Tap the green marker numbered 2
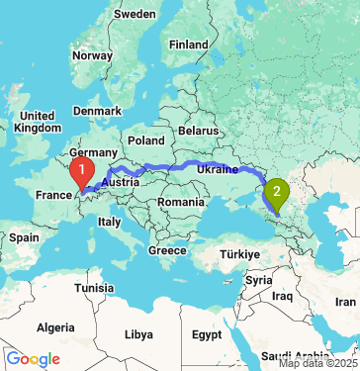[x=277, y=192]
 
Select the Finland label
[x=188, y=45]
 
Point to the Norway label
[x=92, y=55]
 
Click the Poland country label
[x=145, y=140]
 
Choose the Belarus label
[x=197, y=130]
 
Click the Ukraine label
[x=217, y=170]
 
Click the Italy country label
[x=109, y=222]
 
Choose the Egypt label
[x=208, y=334]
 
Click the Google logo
[x=32, y=359]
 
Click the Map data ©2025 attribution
[x=316, y=363]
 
